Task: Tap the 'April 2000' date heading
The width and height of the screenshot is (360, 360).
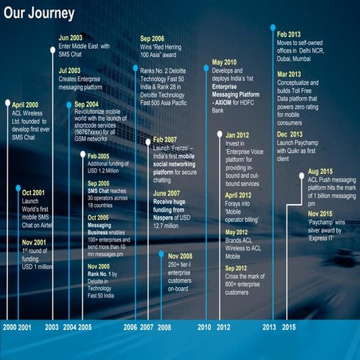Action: (25, 105)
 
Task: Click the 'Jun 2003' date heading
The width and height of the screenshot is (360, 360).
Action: (71, 37)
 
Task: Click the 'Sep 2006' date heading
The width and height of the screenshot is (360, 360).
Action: (154, 37)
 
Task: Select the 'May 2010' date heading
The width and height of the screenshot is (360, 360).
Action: (224, 62)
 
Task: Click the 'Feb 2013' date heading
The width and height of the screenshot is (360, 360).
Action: (289, 34)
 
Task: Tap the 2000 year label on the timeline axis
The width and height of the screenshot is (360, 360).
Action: (9, 326)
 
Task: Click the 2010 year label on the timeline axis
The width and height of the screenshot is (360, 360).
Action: (203, 326)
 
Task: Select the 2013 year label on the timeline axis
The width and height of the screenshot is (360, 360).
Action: (269, 326)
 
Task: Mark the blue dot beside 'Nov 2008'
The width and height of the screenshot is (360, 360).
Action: (161, 254)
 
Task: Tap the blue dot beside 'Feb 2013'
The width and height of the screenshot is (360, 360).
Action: (272, 27)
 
